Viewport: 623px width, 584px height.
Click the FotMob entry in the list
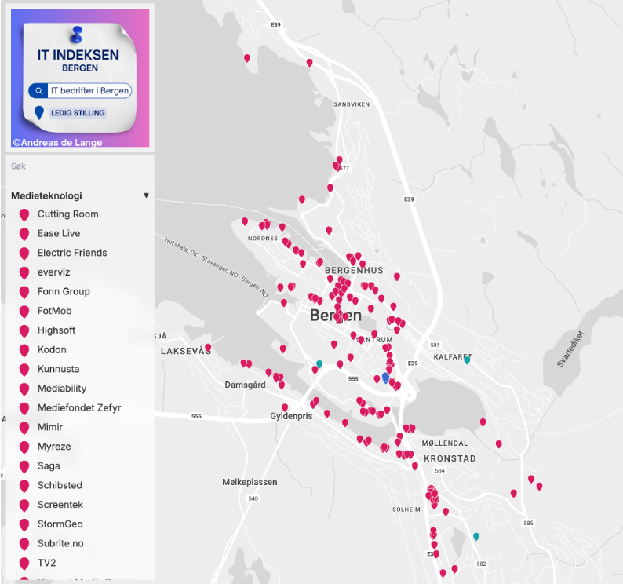point(55,311)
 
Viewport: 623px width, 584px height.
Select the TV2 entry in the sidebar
point(47,563)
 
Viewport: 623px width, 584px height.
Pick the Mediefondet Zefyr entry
point(78,408)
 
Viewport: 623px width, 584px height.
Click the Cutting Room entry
point(67,214)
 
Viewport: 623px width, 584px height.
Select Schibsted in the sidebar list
point(60,485)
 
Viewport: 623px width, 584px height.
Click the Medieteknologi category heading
point(47,195)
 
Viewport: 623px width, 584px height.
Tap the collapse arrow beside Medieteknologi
point(146,195)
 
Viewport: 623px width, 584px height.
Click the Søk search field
point(78,166)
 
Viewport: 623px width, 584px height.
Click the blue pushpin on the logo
point(77,34)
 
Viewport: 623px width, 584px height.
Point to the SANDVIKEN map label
point(351,104)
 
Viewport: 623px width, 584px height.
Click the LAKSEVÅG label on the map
point(186,351)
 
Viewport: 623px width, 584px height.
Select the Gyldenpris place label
point(291,416)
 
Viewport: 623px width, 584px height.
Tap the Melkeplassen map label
point(250,482)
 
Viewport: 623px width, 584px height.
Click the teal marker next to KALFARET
point(467,360)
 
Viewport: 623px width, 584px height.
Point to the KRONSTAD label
point(450,458)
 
